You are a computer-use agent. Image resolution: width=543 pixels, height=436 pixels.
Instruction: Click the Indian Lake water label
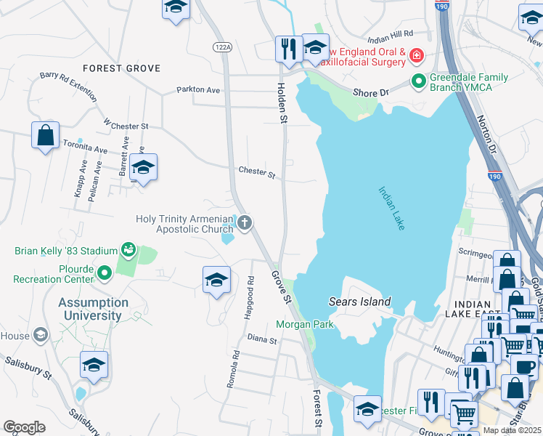391,209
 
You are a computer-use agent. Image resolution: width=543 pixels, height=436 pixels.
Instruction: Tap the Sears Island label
360,302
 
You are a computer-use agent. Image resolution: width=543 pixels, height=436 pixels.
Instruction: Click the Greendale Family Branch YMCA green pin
418,81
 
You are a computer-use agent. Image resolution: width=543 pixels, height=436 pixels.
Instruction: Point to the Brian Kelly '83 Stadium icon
129,251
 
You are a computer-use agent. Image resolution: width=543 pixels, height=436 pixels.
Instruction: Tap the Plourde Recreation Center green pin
105,273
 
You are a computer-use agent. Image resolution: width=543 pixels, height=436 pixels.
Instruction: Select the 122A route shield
222,47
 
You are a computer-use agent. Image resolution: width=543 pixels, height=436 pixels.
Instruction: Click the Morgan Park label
305,324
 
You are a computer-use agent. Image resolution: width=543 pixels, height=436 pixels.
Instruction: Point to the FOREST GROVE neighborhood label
121,68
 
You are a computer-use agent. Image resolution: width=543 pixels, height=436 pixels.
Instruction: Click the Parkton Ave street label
198,90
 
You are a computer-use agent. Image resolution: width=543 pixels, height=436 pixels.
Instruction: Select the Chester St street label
257,174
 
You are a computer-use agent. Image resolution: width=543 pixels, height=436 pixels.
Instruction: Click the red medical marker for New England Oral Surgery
416,56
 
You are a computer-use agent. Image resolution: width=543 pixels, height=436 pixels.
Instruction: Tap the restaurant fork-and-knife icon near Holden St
288,49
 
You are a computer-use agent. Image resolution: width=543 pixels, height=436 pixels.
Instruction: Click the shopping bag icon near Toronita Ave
45,135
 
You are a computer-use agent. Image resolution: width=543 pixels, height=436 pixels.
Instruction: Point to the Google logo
24,427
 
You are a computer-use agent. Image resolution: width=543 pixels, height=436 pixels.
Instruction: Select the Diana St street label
262,339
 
